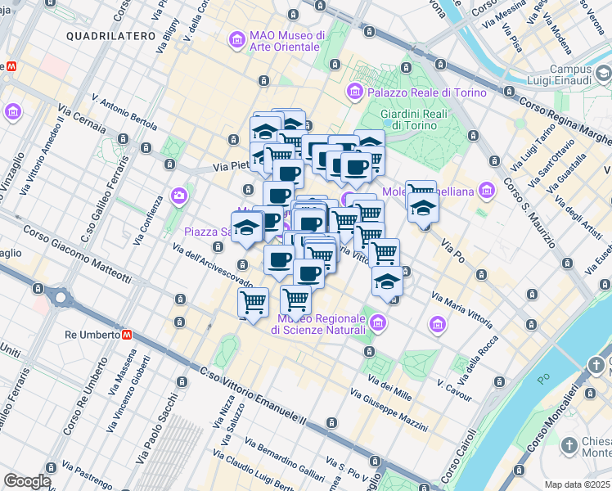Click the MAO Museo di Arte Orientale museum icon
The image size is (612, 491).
point(236,39)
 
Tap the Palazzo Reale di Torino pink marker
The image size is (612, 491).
point(356,91)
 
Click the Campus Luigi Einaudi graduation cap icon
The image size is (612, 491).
point(604,74)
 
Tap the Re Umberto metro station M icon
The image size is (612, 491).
point(128,335)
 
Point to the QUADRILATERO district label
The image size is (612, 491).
point(110,36)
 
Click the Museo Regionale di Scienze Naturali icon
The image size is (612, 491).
point(376,324)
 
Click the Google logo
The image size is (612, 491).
point(27,481)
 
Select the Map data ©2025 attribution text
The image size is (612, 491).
point(577,484)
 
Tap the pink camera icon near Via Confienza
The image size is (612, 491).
point(179,195)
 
